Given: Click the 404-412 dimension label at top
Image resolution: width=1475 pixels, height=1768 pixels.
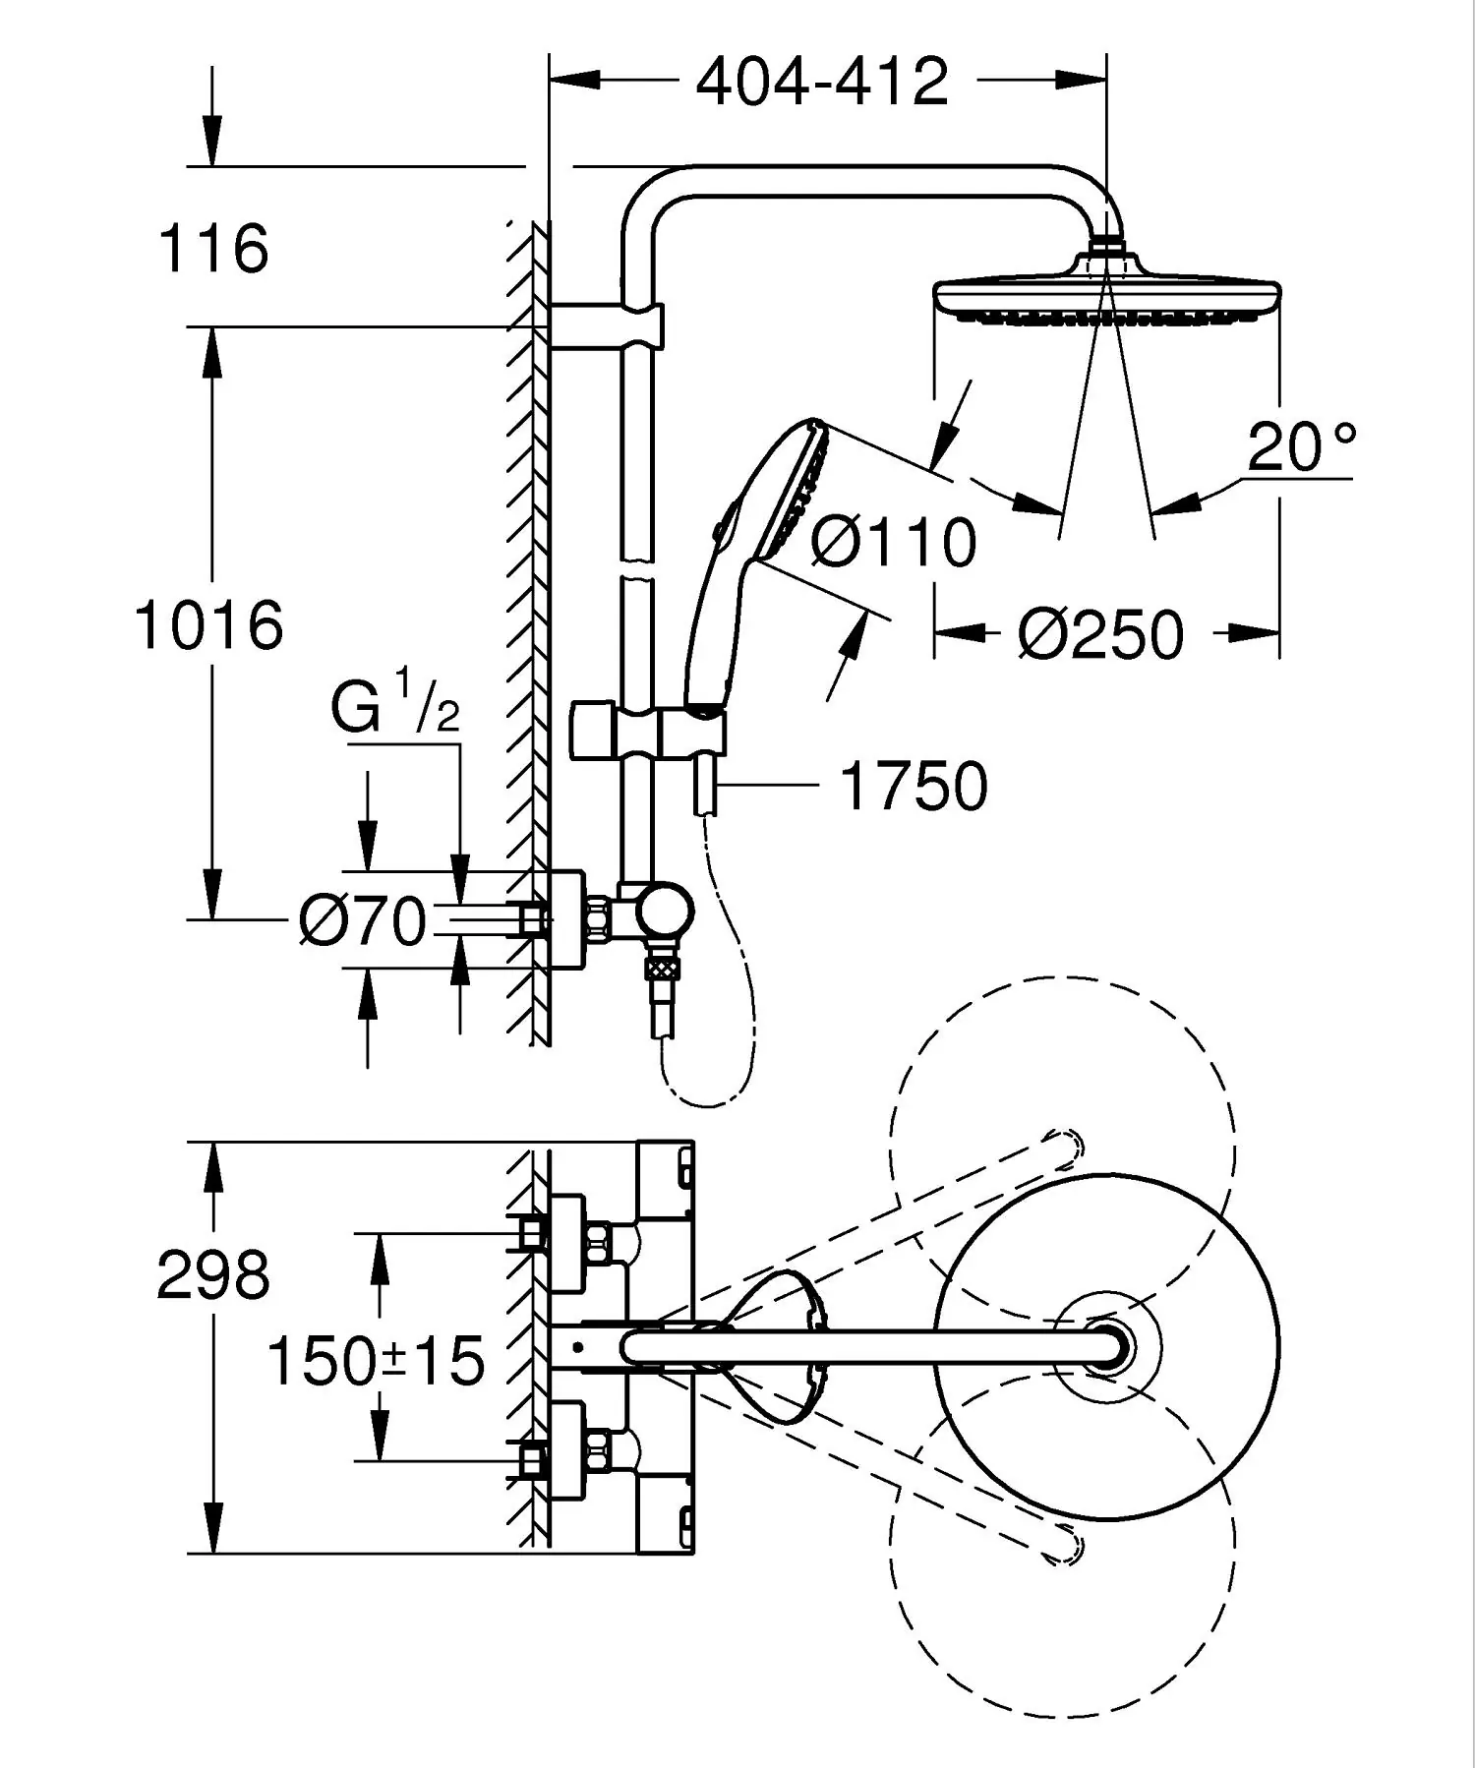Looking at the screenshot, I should click(x=822, y=82).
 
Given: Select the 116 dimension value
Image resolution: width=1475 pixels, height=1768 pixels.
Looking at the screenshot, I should click(x=212, y=249).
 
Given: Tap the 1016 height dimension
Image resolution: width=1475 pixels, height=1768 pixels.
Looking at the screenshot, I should click(x=209, y=624).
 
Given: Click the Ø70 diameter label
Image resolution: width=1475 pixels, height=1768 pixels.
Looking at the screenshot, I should click(x=363, y=921).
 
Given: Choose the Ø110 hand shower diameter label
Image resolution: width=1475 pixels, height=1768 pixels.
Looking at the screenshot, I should click(x=894, y=542).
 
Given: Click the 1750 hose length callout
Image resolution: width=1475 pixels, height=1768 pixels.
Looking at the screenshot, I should click(x=914, y=786).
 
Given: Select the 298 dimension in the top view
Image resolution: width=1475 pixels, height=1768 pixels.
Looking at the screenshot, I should click(x=212, y=1275).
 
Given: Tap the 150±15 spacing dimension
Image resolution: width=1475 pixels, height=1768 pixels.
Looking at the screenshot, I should click(x=376, y=1362).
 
